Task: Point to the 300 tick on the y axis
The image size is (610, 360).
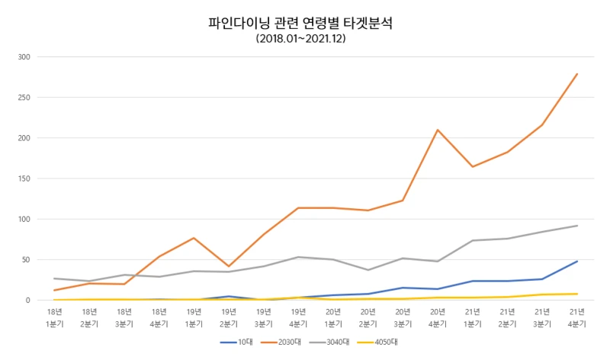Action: click(23, 57)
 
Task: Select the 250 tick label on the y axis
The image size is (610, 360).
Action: click(23, 98)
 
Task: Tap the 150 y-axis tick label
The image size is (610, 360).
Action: click(23, 178)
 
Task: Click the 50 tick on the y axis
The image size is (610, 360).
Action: click(25, 259)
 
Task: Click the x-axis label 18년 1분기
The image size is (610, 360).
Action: click(54, 317)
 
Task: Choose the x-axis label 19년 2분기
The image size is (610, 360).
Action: click(229, 317)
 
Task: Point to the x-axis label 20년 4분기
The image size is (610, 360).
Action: click(438, 317)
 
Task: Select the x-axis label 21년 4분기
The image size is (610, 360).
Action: click(577, 317)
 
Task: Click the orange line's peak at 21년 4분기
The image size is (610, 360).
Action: click(577, 74)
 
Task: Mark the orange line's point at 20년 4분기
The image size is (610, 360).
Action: click(438, 130)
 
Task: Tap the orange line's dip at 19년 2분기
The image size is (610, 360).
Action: click(229, 266)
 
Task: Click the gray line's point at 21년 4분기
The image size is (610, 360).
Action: click(577, 226)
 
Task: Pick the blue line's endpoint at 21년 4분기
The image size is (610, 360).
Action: click(577, 262)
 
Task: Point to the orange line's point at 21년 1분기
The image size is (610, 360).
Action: click(473, 166)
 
